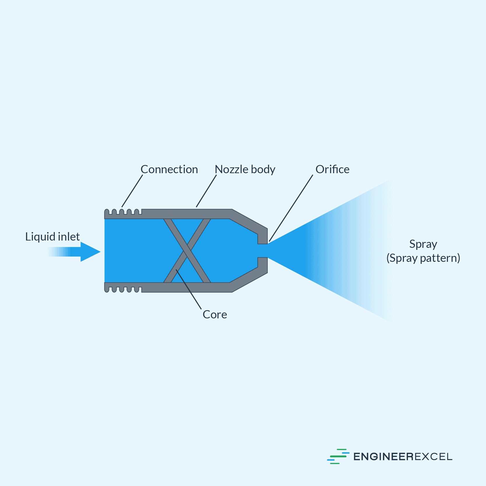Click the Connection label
pyautogui.click(x=169, y=169)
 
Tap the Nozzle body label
pyautogui.click(x=245, y=169)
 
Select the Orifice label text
pyautogui.click(x=332, y=169)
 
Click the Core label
pyautogui.click(x=215, y=315)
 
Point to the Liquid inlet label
pyautogui.click(x=52, y=237)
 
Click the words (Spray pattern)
pyautogui.click(x=423, y=258)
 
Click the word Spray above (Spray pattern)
pyautogui.click(x=423, y=244)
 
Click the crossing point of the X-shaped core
pyautogui.click(x=187, y=251)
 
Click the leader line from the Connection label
pyautogui.click(x=132, y=191)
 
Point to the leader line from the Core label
pyautogui.click(x=189, y=290)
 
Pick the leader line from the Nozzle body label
pyautogui.click(x=206, y=191)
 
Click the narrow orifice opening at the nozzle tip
pyautogui.click(x=262, y=251)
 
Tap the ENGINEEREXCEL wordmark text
pyautogui.click(x=403, y=457)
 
